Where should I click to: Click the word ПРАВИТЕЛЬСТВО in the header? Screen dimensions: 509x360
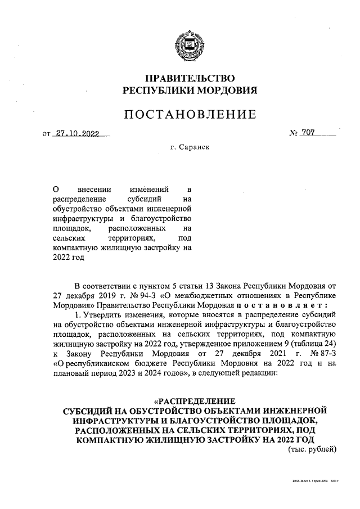[190, 78]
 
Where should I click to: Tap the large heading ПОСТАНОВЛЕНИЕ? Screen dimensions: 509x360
[190, 115]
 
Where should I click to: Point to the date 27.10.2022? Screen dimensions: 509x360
[77, 134]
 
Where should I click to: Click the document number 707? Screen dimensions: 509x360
[308, 133]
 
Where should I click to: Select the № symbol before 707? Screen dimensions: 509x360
[294, 134]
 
